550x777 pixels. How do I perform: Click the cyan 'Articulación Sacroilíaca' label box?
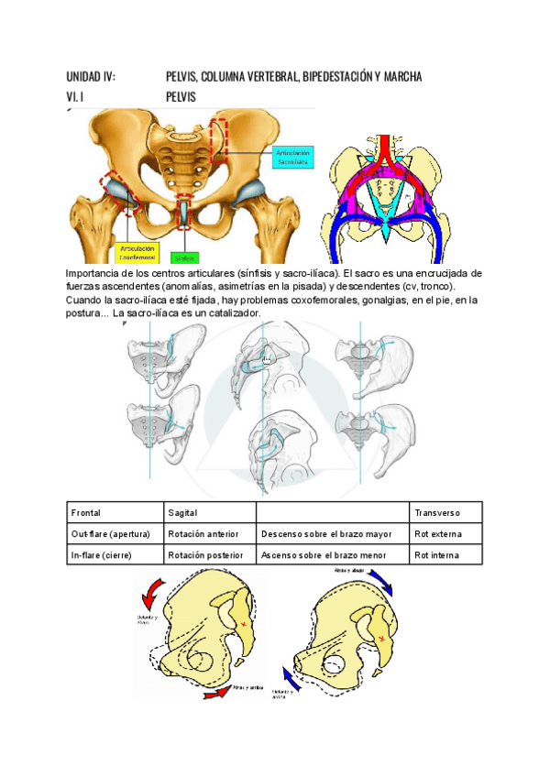(293, 157)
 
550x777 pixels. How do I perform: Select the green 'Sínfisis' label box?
(185, 257)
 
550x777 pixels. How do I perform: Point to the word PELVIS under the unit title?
(181, 96)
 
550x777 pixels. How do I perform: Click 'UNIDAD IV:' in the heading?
(92, 76)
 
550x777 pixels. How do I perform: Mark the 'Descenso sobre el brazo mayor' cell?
(326, 533)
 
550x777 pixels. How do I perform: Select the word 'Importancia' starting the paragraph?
(95, 273)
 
